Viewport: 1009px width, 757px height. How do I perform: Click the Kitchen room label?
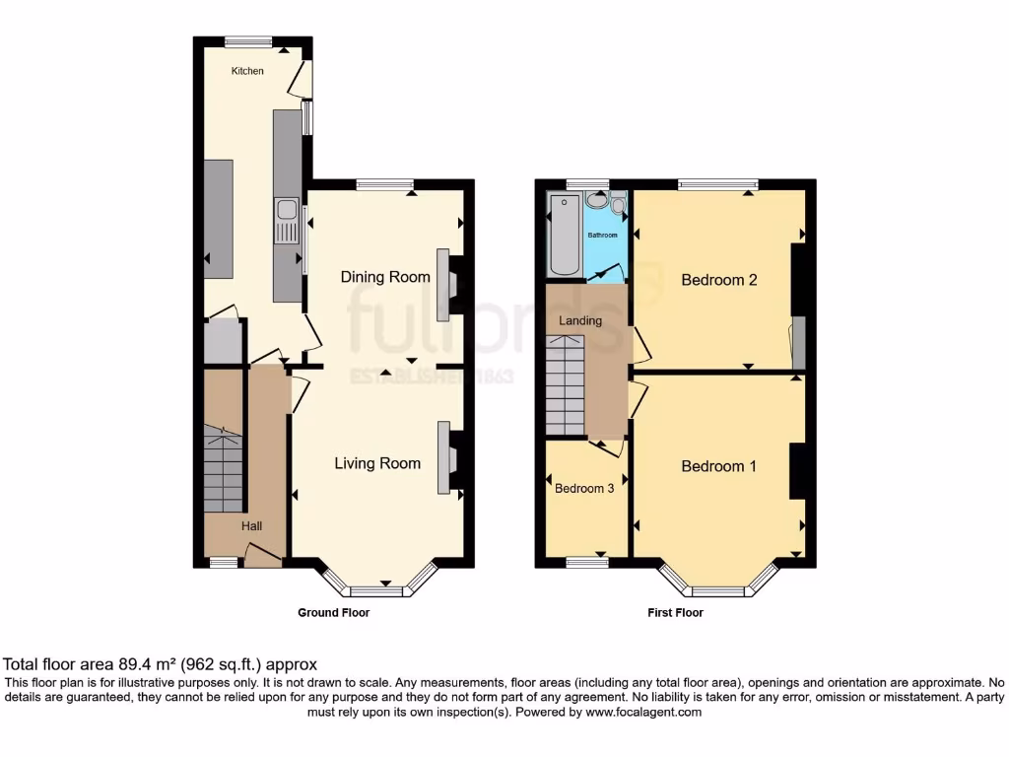(247, 71)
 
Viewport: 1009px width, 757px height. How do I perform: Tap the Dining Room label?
(385, 277)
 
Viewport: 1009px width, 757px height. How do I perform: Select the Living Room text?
(377, 463)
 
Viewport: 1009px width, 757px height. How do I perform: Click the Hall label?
(252, 527)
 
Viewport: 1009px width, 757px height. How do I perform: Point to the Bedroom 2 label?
(719, 280)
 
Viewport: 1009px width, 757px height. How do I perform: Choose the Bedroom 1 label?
(719, 466)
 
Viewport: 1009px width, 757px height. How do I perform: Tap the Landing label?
(580, 321)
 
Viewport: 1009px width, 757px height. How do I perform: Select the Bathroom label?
(603, 236)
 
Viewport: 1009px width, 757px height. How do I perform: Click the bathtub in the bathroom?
(565, 237)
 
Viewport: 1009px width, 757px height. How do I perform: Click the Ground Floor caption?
(334, 612)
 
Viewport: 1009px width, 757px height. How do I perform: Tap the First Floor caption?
(675, 612)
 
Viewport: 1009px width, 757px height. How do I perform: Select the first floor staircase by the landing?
(566, 384)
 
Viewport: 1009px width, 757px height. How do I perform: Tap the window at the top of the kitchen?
(247, 41)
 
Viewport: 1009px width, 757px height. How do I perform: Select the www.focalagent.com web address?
(643, 711)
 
